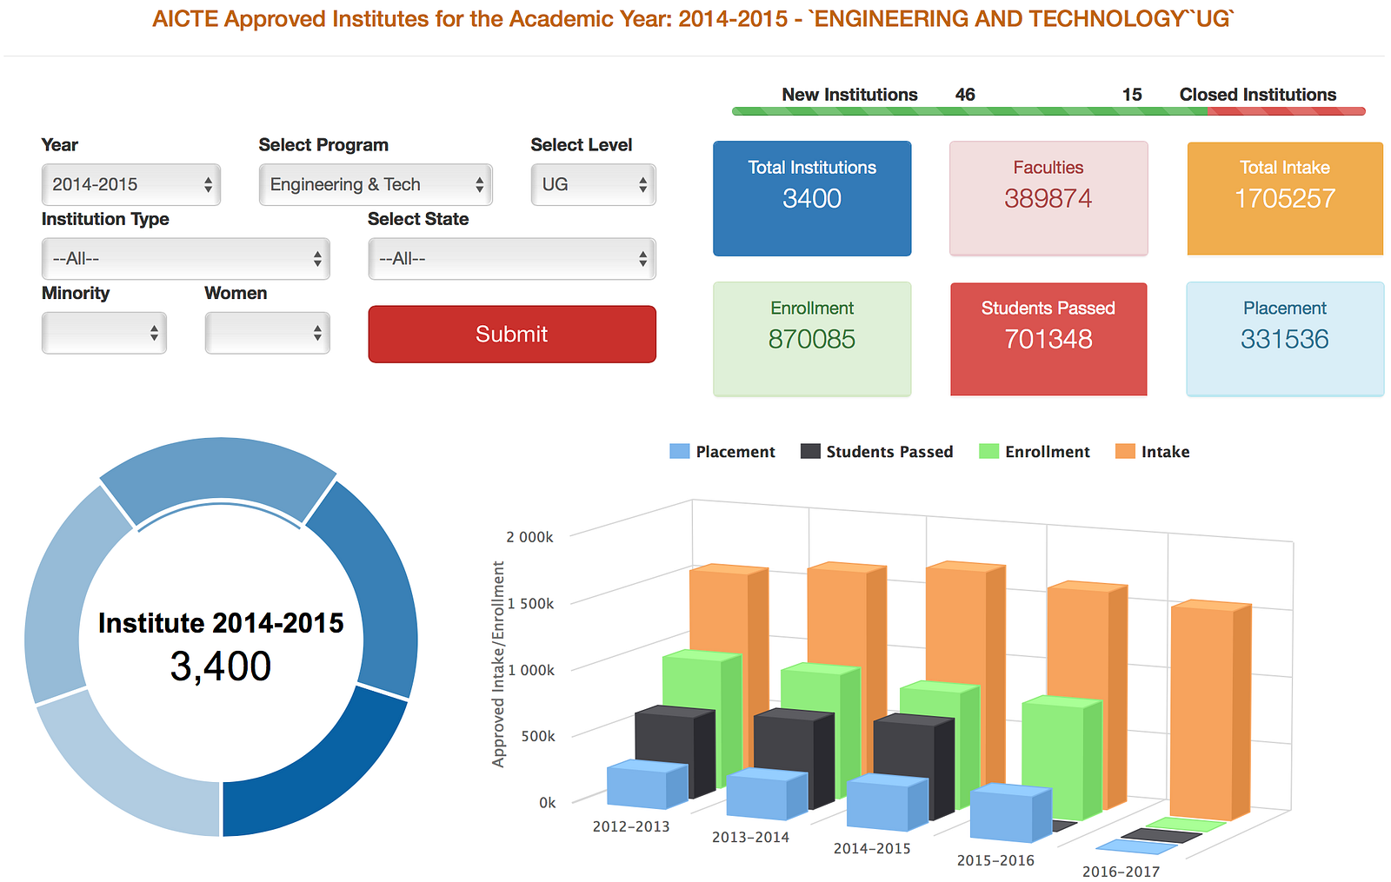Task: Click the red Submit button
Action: click(x=511, y=334)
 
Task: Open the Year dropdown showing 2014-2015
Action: click(x=130, y=184)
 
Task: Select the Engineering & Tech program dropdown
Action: click(x=375, y=184)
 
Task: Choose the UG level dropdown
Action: click(x=593, y=184)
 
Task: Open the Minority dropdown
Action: click(x=103, y=333)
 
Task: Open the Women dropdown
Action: click(x=267, y=333)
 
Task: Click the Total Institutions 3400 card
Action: click(x=812, y=198)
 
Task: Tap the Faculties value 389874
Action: click(x=1048, y=199)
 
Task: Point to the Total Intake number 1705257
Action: click(x=1284, y=199)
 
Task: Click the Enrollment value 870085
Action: click(x=811, y=339)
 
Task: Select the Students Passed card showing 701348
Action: click(x=1048, y=338)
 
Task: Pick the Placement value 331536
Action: click(x=1284, y=339)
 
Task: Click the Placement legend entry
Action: click(x=722, y=452)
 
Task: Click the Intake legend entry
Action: click(x=1153, y=452)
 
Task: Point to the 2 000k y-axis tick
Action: click(x=529, y=537)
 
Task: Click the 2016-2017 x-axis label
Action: click(x=1121, y=871)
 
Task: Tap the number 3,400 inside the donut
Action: click(x=221, y=666)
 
